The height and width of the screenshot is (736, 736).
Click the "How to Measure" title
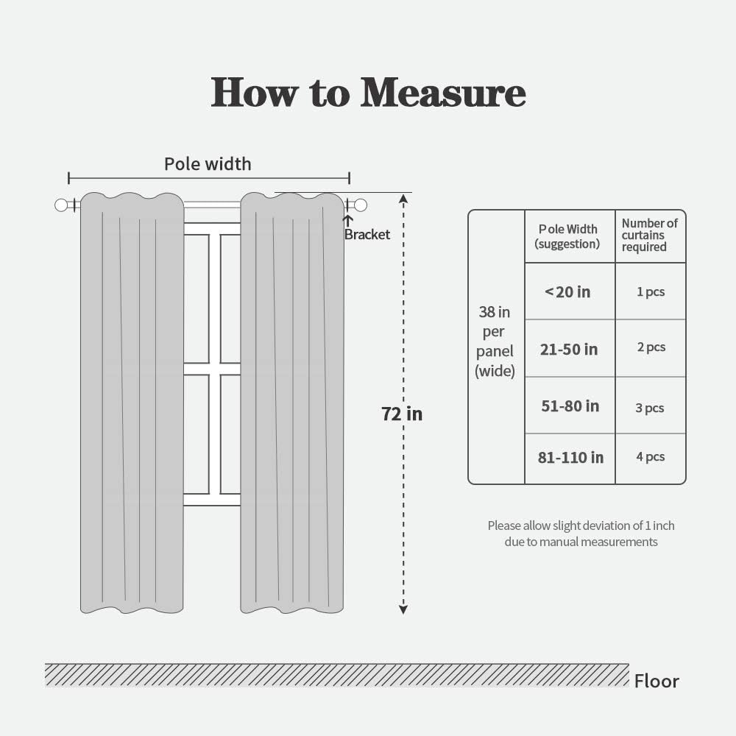(368, 93)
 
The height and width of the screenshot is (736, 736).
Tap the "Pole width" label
(208, 163)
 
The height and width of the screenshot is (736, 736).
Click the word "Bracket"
(367, 235)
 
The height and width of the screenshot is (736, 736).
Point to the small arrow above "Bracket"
(348, 219)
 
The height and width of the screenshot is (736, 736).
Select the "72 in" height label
(402, 414)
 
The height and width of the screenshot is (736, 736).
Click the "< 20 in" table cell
(567, 292)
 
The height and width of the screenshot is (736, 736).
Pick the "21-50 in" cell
(569, 349)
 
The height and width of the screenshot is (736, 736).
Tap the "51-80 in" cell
(570, 406)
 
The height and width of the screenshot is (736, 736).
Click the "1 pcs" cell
(651, 292)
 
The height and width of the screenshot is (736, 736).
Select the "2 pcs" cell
(651, 347)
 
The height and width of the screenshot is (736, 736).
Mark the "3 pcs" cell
(650, 408)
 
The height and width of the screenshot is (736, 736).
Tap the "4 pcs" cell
(651, 457)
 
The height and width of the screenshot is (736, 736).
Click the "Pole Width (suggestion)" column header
(567, 236)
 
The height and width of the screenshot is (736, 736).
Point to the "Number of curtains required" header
(649, 235)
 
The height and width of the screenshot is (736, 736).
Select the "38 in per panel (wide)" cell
(495, 342)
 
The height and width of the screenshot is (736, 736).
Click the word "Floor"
(657, 682)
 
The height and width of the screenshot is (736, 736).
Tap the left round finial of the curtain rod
(61, 205)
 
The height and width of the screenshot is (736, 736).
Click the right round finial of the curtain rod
(361, 205)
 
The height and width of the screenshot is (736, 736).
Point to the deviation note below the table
(581, 534)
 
